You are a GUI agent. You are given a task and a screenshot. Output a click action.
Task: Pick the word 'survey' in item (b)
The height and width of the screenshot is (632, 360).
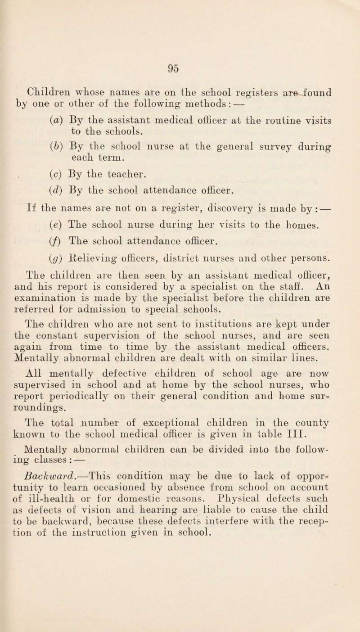pos(274,156)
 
